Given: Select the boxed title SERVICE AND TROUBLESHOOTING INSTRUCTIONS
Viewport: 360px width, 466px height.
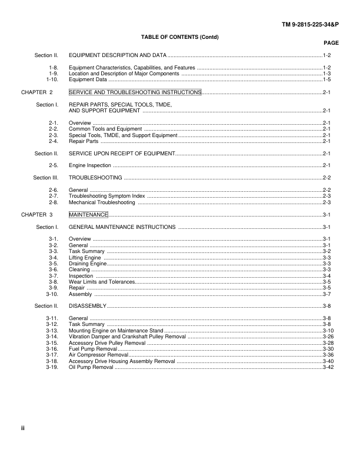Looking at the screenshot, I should [135, 92].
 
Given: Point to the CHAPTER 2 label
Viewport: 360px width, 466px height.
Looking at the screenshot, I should [37, 92].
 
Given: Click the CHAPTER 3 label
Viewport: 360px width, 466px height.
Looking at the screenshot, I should [37, 215].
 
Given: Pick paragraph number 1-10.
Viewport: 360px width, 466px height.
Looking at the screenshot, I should [52, 79].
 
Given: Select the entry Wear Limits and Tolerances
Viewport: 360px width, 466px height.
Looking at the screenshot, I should [102, 282].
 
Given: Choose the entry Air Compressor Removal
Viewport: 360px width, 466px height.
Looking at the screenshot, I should [98, 355].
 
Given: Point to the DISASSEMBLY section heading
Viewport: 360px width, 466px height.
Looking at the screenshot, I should [88, 307].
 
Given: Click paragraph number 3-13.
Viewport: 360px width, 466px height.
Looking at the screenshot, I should [51, 331].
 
